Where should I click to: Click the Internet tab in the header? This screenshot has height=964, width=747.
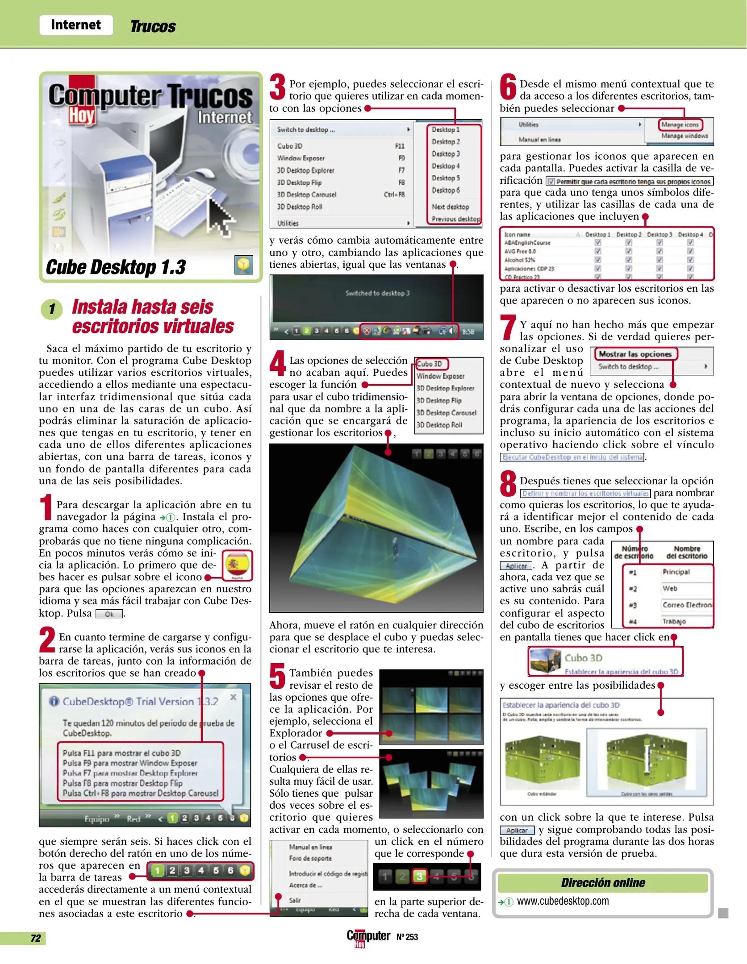click(76, 25)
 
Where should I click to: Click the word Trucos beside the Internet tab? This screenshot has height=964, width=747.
click(153, 27)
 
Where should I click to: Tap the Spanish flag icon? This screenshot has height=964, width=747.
click(237, 565)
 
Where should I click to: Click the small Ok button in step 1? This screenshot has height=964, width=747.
click(109, 614)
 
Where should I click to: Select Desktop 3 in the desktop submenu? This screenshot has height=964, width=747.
click(445, 154)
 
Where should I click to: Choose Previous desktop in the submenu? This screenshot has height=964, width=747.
click(455, 219)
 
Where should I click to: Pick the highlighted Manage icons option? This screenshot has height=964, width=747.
click(680, 125)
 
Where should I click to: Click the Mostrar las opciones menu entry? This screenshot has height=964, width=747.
click(635, 354)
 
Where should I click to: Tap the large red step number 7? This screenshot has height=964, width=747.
click(508, 327)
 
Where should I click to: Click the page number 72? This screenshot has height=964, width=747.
click(36, 938)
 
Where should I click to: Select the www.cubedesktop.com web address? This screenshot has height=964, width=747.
click(563, 901)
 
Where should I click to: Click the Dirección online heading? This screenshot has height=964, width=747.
click(603, 882)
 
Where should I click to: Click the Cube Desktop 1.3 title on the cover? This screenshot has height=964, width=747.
click(116, 267)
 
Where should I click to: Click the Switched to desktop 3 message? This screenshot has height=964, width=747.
click(377, 293)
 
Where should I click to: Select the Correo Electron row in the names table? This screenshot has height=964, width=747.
click(687, 605)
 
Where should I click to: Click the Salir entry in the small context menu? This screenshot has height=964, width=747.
click(295, 900)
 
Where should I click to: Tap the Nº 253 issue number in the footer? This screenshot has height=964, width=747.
click(407, 937)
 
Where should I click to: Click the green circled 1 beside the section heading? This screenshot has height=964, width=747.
click(52, 309)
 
